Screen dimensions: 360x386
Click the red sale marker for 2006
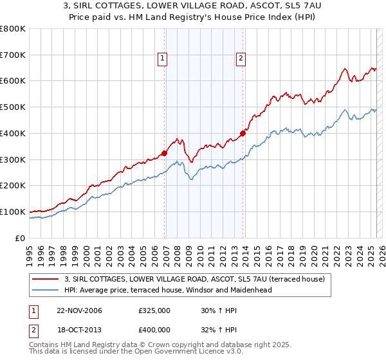(x=164, y=153)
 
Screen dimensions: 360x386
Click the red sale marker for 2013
(x=243, y=134)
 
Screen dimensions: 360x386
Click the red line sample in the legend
(x=46, y=279)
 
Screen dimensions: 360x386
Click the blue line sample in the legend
(x=46, y=290)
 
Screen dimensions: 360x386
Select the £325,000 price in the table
(x=154, y=310)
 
